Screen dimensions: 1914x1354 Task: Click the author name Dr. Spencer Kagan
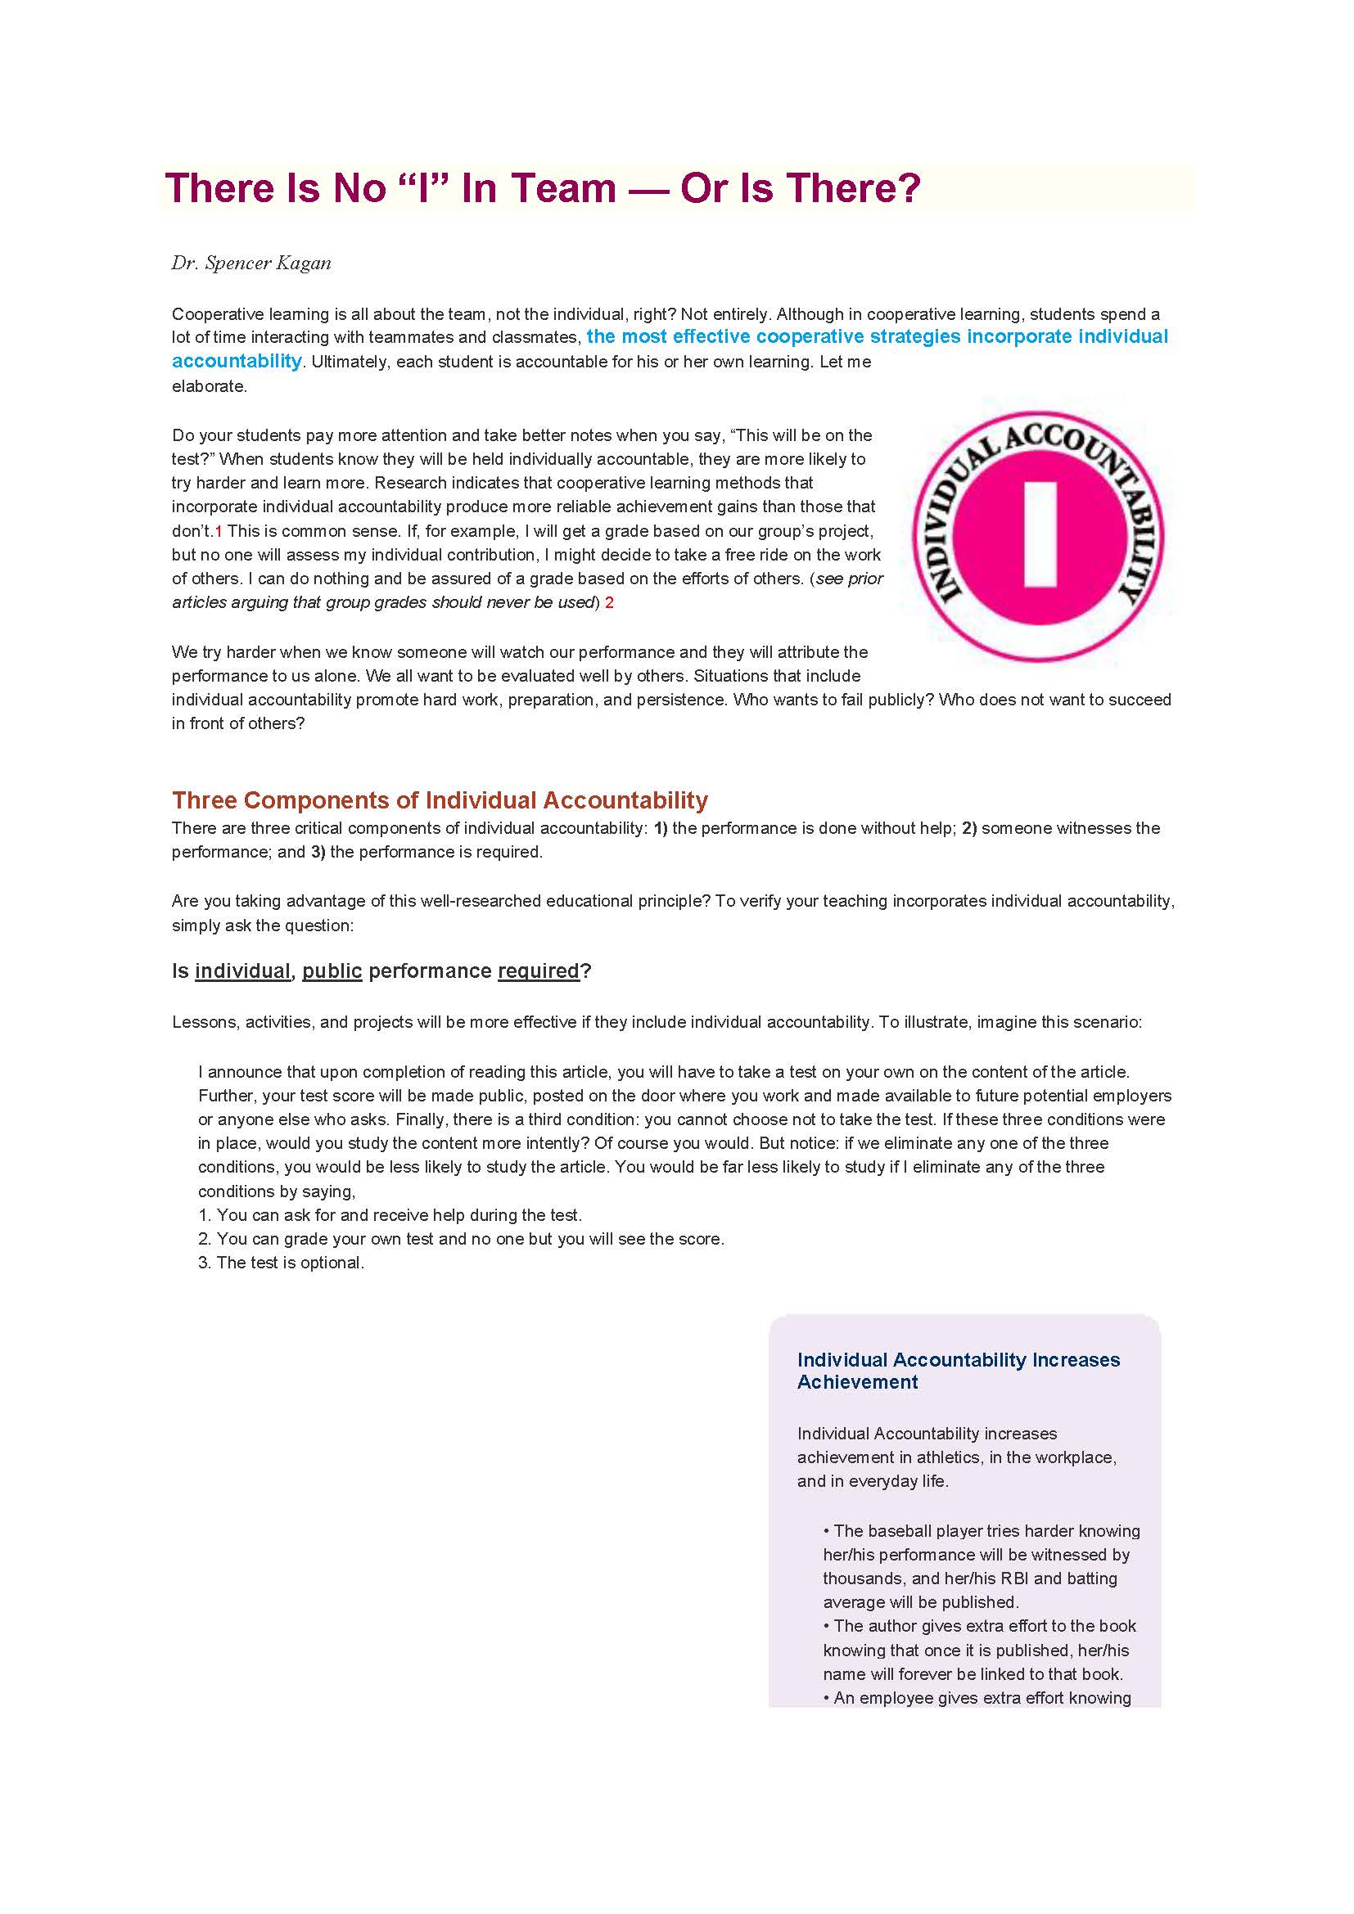[x=251, y=263]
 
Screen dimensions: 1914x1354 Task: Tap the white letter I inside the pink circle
[x=1040, y=534]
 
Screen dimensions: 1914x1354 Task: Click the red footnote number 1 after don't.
[x=219, y=531]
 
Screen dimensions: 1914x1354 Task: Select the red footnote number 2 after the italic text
[x=610, y=603]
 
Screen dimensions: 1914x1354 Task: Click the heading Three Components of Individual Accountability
[x=440, y=800]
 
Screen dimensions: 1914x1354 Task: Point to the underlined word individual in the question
[x=241, y=971]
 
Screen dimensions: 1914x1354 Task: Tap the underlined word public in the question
[x=332, y=971]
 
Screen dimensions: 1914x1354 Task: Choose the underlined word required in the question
[x=538, y=971]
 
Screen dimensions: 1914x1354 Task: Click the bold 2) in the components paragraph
[x=968, y=828]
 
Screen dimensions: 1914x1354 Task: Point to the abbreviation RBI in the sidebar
[x=1010, y=1578]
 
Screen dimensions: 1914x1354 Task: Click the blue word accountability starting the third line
[x=237, y=361]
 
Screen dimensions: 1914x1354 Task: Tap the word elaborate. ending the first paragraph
[x=210, y=386]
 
